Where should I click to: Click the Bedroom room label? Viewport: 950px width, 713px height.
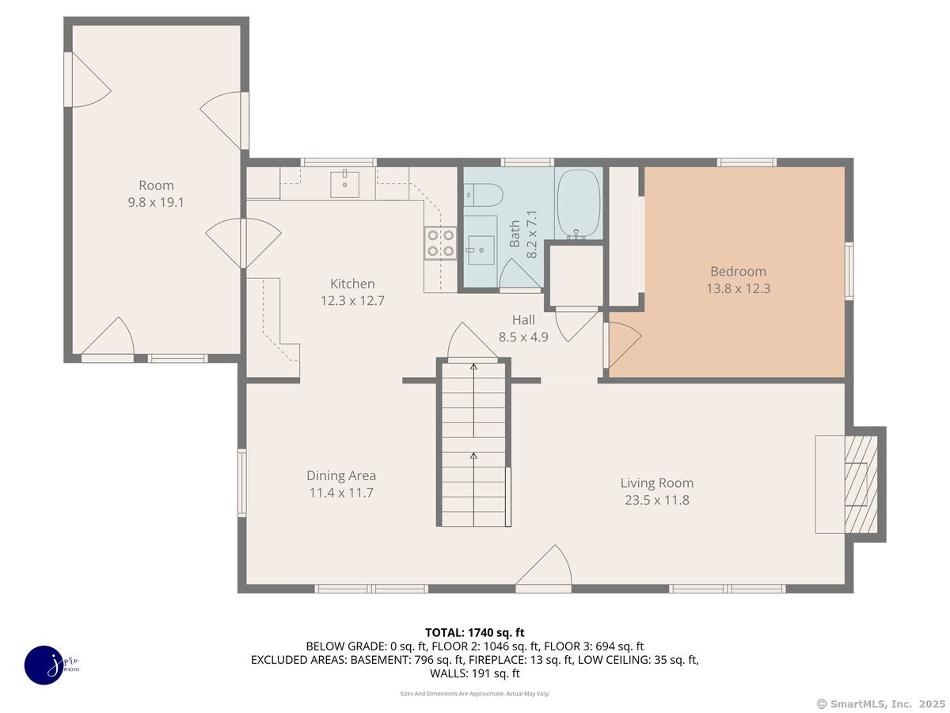pos(738,272)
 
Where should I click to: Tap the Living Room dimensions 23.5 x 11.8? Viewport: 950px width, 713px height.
pos(656,500)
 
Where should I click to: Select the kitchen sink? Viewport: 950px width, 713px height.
pos(344,184)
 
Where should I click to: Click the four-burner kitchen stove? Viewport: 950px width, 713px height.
pos(440,243)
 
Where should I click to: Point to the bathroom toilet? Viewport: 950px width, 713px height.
pos(483,195)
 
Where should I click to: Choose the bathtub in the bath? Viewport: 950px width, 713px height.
pos(579,204)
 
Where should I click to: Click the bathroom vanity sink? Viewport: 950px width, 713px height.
pos(481,250)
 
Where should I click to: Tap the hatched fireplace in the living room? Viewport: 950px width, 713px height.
pos(861,484)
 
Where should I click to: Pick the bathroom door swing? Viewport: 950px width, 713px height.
pos(520,274)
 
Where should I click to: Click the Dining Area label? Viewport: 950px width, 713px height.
pos(341,476)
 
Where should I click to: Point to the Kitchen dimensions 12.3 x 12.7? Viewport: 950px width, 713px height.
pos(352,300)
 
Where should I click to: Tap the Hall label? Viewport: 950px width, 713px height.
pos(523,320)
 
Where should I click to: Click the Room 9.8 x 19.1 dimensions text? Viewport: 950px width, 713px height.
pos(156,202)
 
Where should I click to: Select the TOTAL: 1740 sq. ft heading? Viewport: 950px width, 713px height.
pos(475,632)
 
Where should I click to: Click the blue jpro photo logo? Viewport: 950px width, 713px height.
pos(44,665)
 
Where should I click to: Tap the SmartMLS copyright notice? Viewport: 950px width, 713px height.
pos(881,703)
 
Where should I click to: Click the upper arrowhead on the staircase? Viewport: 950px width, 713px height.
pos(474,367)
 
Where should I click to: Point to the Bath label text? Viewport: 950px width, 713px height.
pos(515,234)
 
